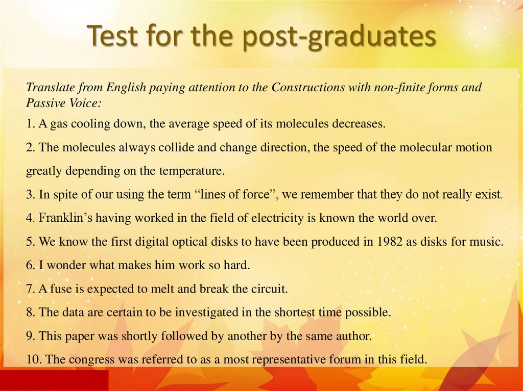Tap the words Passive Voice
[x=63, y=102]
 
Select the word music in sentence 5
[x=486, y=242]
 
